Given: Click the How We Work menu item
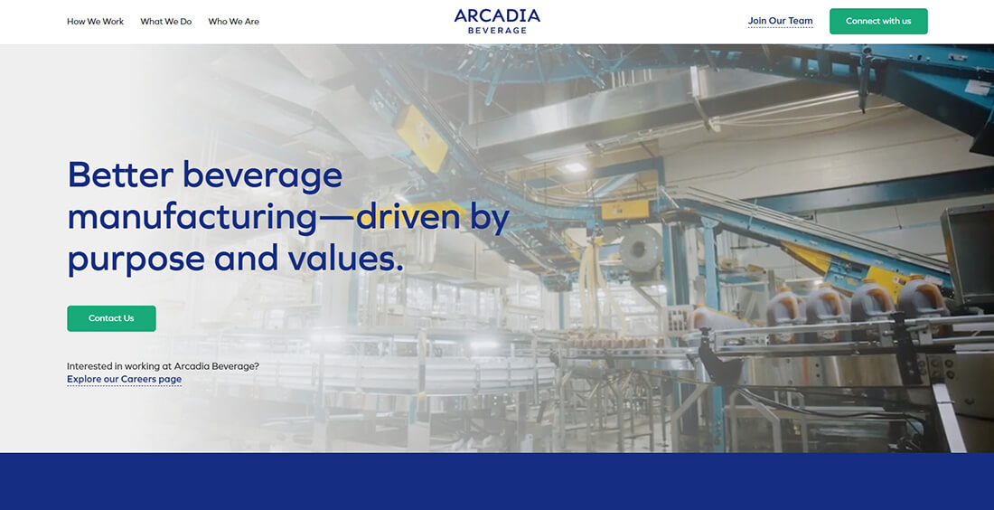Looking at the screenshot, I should (x=95, y=22).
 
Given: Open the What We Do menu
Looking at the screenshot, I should (x=165, y=22).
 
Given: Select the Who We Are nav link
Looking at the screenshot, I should (x=233, y=22).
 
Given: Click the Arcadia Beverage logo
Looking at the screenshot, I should (x=497, y=21).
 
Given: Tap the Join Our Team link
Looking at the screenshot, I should (x=780, y=21).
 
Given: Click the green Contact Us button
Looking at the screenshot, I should (x=111, y=318).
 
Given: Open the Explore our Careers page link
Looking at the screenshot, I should (x=124, y=379).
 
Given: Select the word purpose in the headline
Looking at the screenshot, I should (x=136, y=260).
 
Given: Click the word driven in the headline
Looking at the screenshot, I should (x=409, y=217).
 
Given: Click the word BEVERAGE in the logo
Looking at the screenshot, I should (x=497, y=31).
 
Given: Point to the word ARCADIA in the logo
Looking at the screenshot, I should (x=497, y=15).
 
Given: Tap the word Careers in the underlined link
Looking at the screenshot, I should (x=138, y=379).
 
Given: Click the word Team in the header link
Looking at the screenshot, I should (x=801, y=21).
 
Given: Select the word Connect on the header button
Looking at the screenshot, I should (x=862, y=22).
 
